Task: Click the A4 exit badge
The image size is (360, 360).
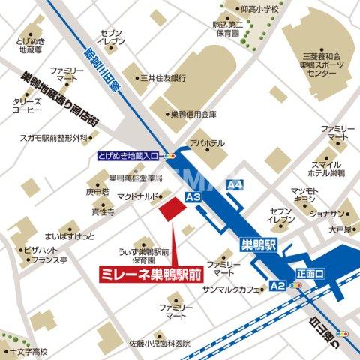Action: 235,184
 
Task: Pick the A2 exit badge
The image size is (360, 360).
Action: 277,285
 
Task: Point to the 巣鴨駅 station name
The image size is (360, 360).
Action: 260,244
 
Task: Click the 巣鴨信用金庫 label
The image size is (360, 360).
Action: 193,114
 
